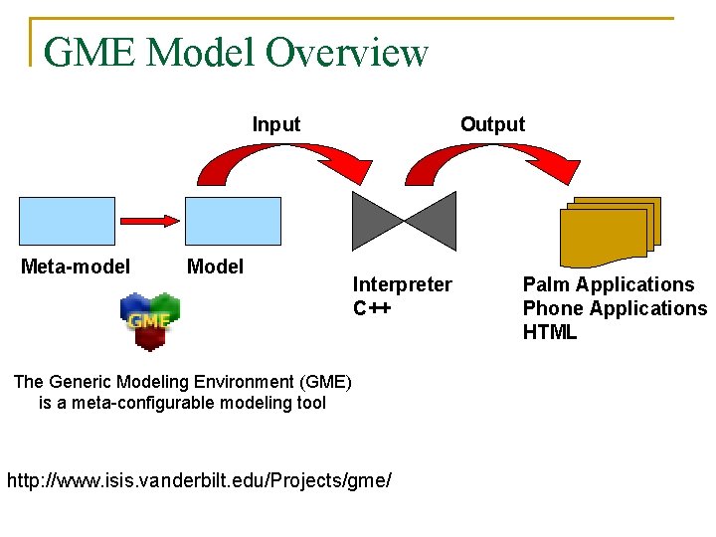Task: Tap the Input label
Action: point(275,124)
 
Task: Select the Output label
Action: point(492,124)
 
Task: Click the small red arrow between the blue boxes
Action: point(150,219)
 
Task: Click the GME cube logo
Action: point(150,320)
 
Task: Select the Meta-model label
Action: point(76,267)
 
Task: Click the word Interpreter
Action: point(402,284)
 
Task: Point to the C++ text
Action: point(372,308)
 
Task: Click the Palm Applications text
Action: point(609,284)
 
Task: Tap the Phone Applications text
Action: point(615,308)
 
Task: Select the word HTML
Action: point(550,332)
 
